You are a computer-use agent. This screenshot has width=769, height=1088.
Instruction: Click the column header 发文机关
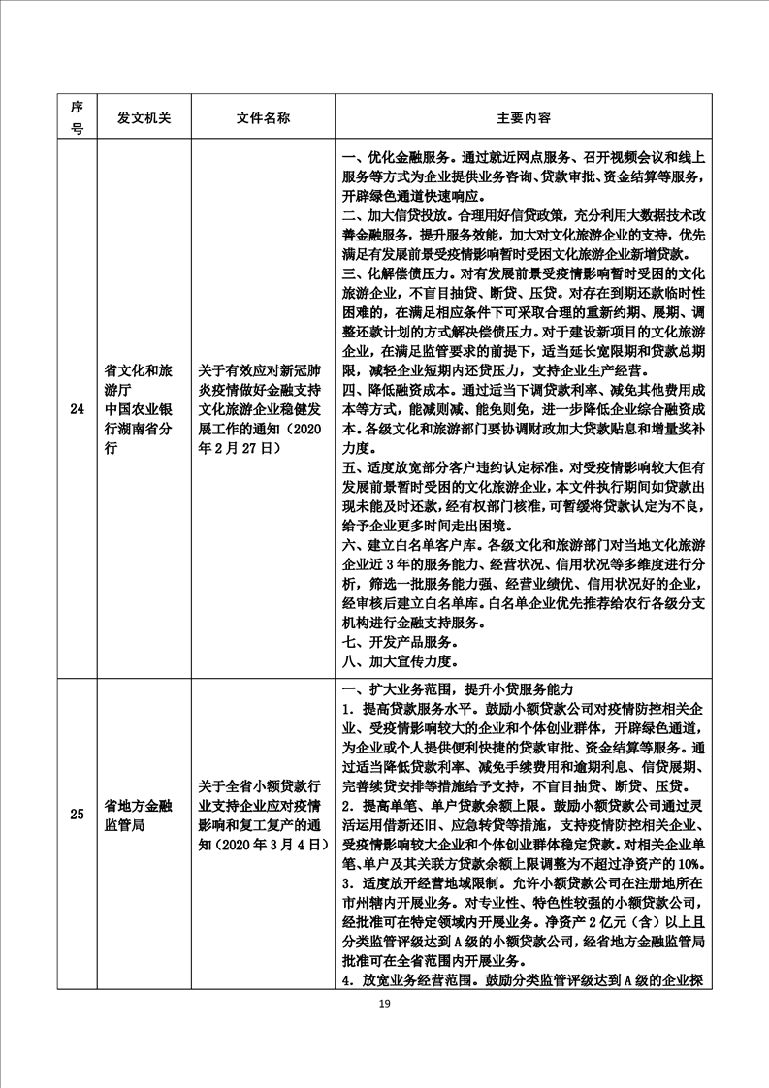tap(144, 117)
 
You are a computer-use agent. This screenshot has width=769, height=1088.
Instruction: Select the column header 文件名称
tap(263, 117)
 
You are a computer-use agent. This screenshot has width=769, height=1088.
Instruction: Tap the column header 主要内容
tap(524, 117)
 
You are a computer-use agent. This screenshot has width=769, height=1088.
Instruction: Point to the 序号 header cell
tap(77, 117)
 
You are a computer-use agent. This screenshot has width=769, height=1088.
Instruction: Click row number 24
tap(77, 408)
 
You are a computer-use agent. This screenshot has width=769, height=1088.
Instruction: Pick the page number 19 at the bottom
tap(384, 1003)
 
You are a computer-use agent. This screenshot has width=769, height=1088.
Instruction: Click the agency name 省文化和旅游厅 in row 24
tap(138, 378)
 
